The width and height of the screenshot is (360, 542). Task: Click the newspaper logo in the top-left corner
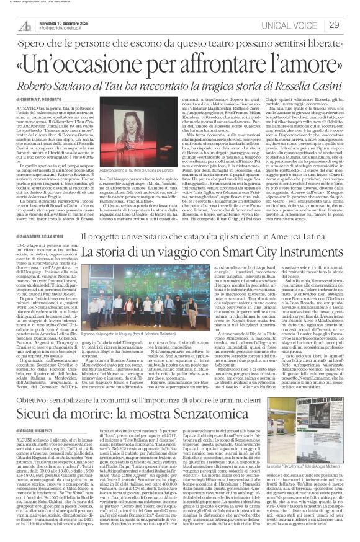pos(24,24)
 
